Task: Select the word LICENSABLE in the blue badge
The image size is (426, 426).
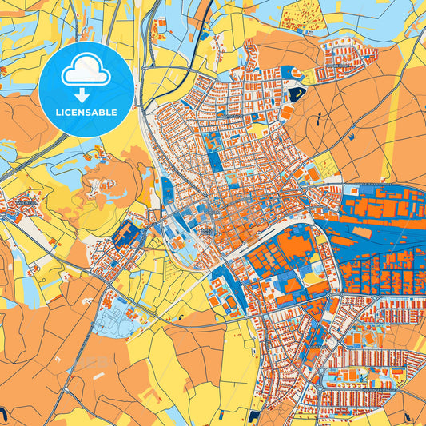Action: (86, 113)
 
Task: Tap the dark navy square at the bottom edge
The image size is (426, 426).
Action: (253, 417)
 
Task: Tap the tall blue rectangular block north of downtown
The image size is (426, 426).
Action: (215, 159)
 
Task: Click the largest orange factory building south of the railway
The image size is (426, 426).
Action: (297, 244)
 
